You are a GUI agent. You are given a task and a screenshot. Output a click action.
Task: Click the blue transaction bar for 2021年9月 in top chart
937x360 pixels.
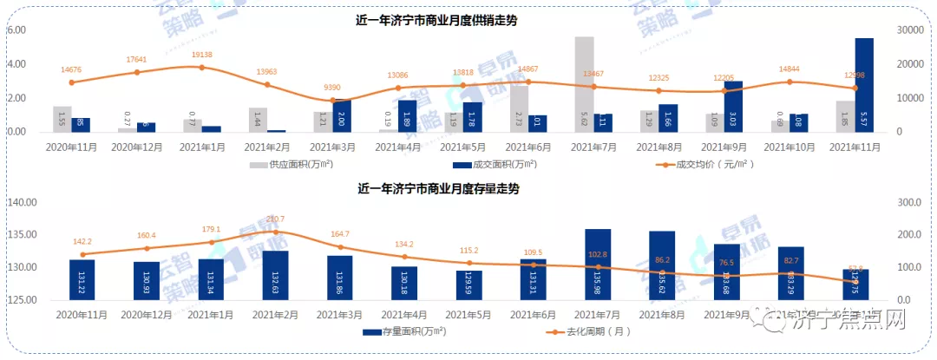pos(733,106)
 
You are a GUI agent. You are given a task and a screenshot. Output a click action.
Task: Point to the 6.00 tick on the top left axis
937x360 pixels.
pos(16,30)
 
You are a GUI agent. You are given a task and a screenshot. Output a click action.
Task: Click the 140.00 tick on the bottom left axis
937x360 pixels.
pos(20,202)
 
